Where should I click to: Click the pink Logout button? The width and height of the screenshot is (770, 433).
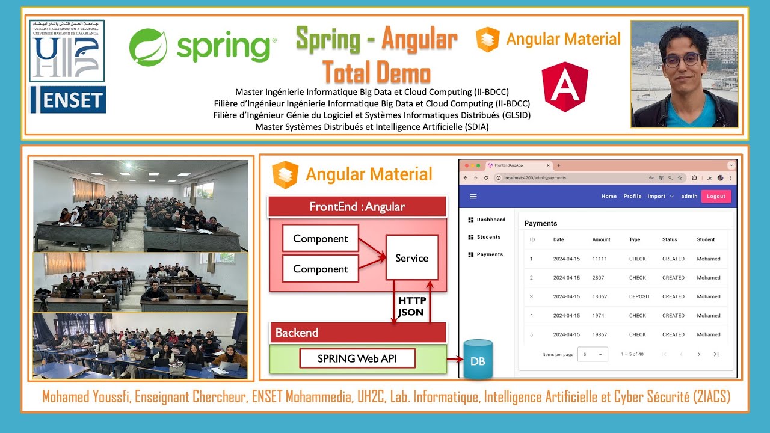coord(716,196)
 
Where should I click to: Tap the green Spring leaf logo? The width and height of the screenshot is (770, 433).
coord(148,48)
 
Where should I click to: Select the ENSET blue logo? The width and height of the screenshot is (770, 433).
coord(68,100)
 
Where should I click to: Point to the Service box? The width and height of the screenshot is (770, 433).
coord(412,258)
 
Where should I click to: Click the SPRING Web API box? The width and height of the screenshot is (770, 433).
coord(357,359)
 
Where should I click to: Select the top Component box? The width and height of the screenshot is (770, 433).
coord(320,238)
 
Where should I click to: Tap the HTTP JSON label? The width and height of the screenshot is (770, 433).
coord(412,306)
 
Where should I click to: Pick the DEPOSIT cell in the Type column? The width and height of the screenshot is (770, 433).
coord(639,296)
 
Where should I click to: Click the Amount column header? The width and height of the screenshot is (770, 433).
coord(601,239)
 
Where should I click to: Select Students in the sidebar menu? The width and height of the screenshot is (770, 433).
coord(488,237)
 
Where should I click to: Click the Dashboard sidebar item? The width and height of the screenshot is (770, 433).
coord(490,220)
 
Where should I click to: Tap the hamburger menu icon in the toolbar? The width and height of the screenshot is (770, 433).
coord(473,196)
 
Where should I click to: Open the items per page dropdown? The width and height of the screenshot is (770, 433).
coord(593,354)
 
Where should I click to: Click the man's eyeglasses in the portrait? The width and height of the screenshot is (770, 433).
coord(682,60)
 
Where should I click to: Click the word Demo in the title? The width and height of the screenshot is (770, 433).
coord(404,73)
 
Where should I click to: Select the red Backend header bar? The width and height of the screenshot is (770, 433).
coord(358,333)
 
